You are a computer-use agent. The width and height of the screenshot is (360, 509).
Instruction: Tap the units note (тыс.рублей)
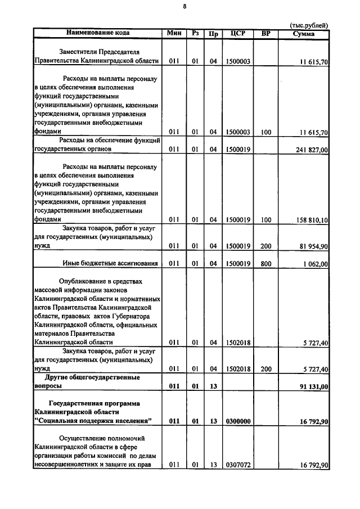click(x=309, y=25)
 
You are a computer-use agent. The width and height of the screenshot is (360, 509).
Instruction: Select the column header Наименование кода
click(x=97, y=33)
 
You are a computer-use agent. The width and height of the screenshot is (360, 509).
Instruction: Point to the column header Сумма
click(x=304, y=34)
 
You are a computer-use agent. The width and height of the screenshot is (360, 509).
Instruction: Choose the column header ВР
click(x=266, y=33)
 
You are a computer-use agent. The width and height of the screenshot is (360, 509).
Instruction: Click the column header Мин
click(x=173, y=33)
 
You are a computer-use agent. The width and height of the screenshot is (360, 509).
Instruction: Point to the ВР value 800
click(x=266, y=264)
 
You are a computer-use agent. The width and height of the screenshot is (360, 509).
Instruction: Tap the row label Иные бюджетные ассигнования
click(x=108, y=264)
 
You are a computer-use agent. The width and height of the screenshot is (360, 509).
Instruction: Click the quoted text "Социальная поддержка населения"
click(x=93, y=421)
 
